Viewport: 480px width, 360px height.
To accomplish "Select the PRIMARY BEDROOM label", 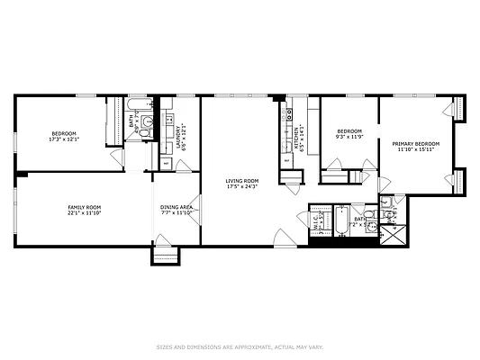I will [415, 144].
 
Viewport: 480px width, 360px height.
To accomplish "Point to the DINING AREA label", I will [177, 207].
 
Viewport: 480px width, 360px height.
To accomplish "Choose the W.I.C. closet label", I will [315, 219].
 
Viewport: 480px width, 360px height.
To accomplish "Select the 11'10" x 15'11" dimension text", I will [415, 150].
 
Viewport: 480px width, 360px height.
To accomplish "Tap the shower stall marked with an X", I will [393, 236].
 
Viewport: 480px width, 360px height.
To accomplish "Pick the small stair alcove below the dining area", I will [166, 256].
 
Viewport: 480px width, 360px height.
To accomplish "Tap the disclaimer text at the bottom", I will [240, 346].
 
